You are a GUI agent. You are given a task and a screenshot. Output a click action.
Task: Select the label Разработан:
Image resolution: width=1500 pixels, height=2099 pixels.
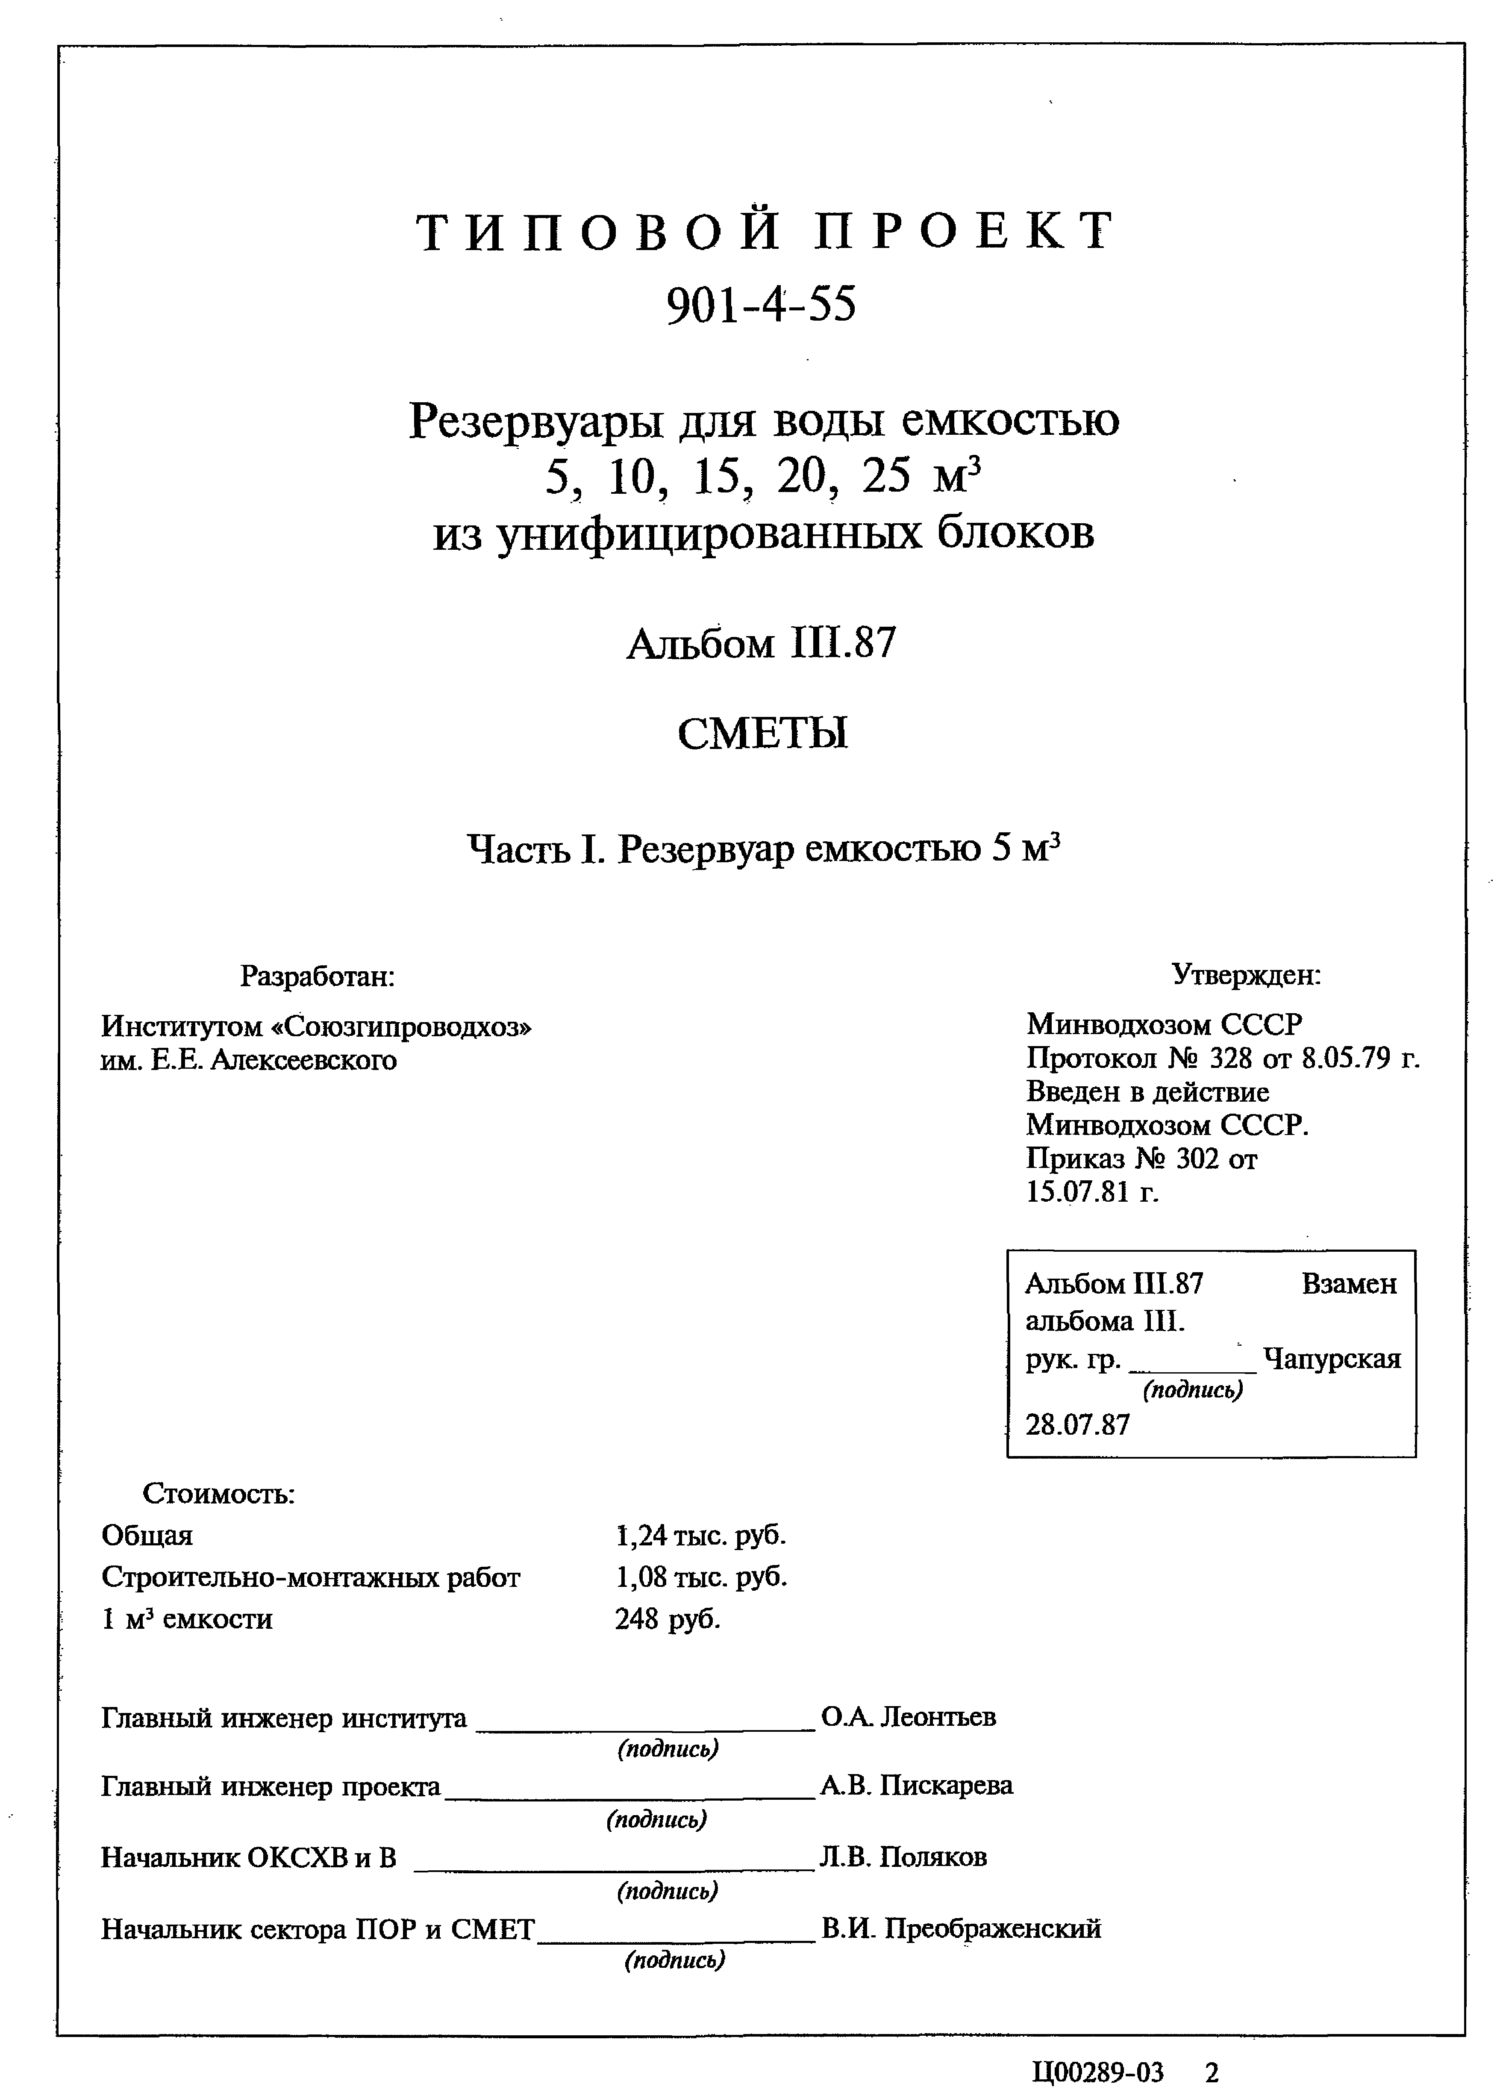[318, 976]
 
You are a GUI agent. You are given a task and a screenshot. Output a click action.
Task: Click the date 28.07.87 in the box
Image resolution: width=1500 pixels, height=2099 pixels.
[1077, 1424]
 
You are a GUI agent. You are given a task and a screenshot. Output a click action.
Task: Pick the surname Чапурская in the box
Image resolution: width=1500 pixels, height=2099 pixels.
[1332, 1359]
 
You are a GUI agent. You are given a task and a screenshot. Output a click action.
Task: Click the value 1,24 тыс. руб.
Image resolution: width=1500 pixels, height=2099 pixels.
[700, 1536]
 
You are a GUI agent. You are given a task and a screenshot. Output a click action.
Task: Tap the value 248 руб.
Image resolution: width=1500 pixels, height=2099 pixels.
[667, 1618]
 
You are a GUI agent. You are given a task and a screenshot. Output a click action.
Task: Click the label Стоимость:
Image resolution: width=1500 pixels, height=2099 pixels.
[219, 1493]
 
